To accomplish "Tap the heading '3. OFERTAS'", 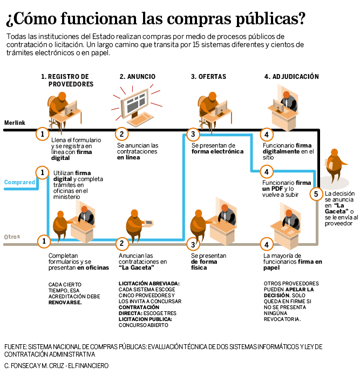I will pos(208,77).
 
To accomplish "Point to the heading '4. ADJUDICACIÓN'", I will pos(291,77).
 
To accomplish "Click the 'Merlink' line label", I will pos(15,123).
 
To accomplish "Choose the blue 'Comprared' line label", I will pos(19,182).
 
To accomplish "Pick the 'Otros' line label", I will pos(12,237).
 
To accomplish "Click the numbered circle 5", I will pos(316,193).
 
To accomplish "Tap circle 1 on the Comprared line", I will pos(42,172).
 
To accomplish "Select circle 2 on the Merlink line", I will pos(122,133).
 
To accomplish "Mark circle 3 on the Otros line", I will pos(193,244).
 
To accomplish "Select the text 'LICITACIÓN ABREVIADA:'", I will pos(149,283).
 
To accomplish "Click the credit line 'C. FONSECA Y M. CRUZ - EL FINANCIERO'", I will pos(56,366).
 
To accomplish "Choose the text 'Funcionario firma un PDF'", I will pos(286,185).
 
